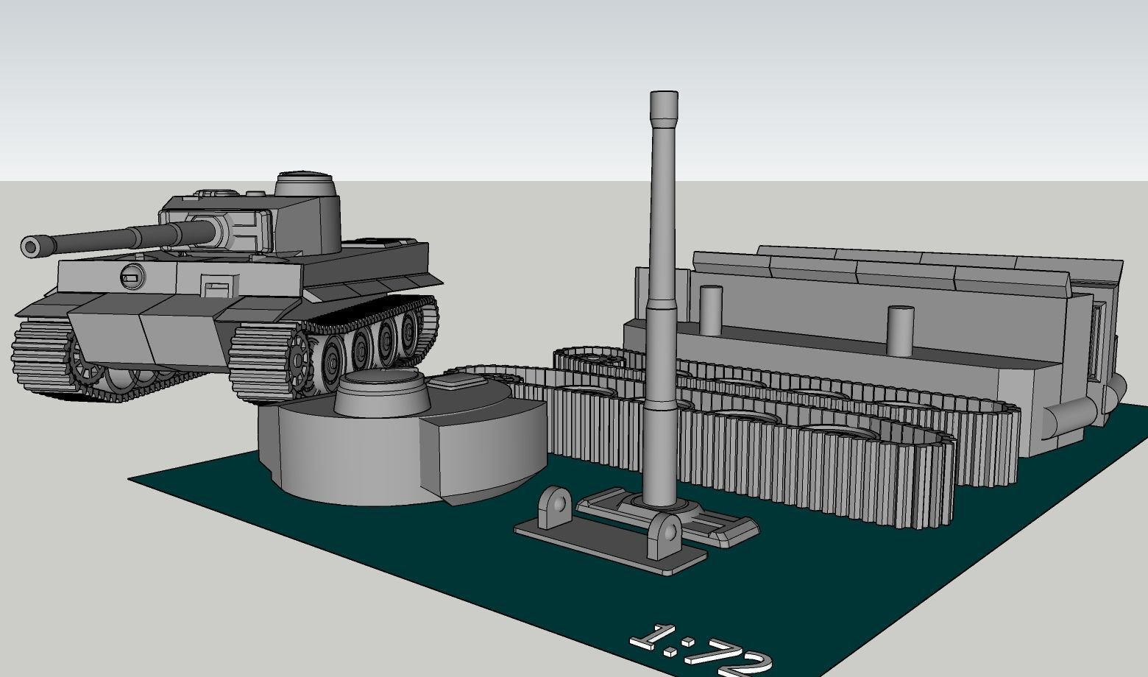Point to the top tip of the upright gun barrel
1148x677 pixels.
pyautogui.click(x=664, y=94)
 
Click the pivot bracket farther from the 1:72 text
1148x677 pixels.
pyautogui.click(x=553, y=508)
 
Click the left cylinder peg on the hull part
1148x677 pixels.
pyautogui.click(x=711, y=308)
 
